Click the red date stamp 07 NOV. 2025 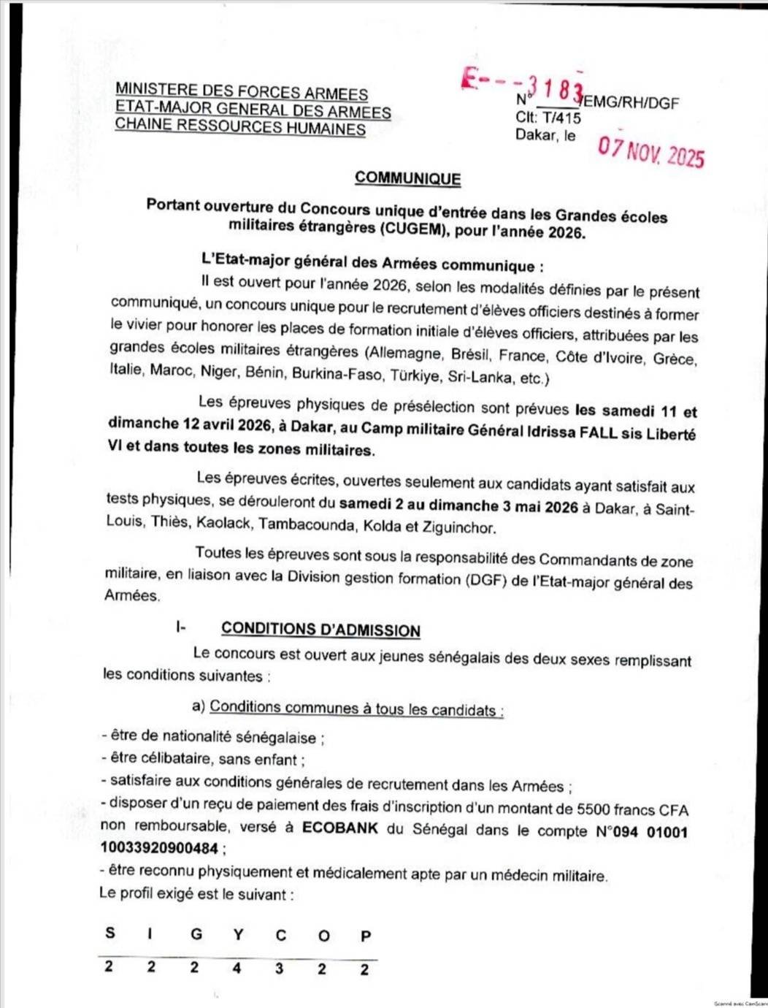coord(651,152)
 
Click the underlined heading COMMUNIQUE coord(407,178)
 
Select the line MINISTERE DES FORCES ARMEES coord(242,92)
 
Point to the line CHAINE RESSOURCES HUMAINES coord(240,127)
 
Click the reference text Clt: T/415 coord(548,118)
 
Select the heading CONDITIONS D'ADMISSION coord(320,630)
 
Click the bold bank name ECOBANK coord(340,828)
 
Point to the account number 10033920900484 coord(159,848)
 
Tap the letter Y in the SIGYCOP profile coord(238,934)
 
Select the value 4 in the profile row coord(237,969)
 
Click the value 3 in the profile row coord(280,969)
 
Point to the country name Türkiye coord(416,377)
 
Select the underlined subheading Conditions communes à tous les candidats coord(356,709)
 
